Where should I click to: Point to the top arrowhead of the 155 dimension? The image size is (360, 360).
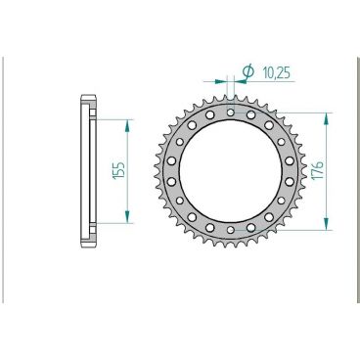126,125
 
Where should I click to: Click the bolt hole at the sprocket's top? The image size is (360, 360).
230,112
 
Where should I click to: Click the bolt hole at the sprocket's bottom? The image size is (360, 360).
230,230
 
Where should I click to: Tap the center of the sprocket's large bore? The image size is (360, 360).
230,171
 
